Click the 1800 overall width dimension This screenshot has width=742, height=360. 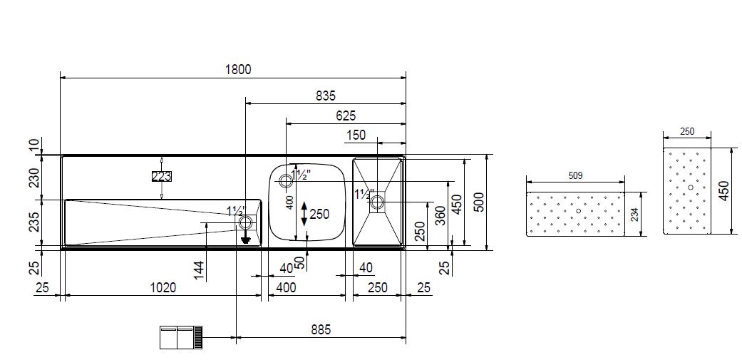[237, 70]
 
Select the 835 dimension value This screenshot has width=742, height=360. [326, 96]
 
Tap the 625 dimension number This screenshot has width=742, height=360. [346, 115]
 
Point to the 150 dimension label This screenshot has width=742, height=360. [356, 135]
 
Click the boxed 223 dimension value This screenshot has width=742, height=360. [161, 177]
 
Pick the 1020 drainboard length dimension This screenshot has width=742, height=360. [163, 287]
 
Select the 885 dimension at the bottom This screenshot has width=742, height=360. [321, 329]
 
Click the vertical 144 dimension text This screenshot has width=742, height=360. [200, 271]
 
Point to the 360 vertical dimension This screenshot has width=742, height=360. [440, 216]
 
